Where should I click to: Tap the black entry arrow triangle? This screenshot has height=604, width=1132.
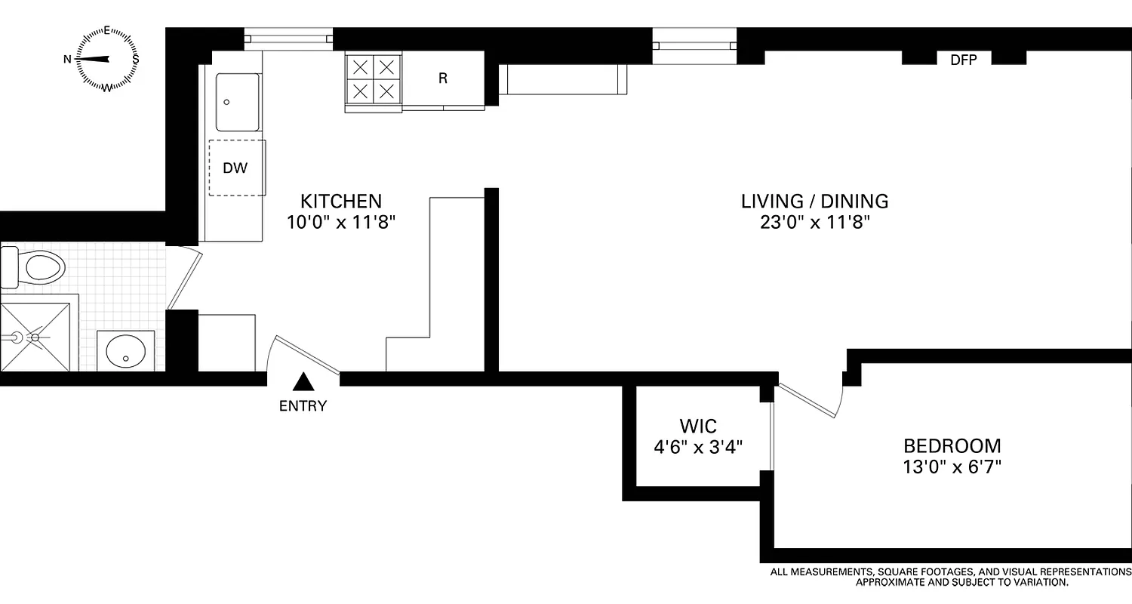click(303, 382)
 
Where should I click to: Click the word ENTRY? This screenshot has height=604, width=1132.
click(303, 406)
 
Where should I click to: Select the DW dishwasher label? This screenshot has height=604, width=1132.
click(235, 168)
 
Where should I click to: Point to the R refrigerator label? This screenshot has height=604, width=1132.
click(443, 79)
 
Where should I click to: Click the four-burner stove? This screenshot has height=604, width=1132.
click(374, 79)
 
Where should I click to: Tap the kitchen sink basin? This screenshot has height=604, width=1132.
click(237, 102)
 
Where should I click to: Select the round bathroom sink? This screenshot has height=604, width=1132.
click(125, 351)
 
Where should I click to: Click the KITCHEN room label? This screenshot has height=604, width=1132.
click(341, 202)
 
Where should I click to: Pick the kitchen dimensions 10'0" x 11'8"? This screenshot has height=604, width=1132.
click(341, 223)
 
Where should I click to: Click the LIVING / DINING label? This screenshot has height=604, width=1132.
click(814, 202)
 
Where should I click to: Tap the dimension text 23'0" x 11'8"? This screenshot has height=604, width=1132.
click(814, 223)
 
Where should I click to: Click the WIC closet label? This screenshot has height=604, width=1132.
click(698, 425)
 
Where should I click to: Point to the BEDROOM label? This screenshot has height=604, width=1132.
click(952, 445)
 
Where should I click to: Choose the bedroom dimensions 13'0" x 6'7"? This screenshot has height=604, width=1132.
click(952, 467)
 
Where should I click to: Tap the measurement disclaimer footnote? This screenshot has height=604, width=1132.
click(950, 578)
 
